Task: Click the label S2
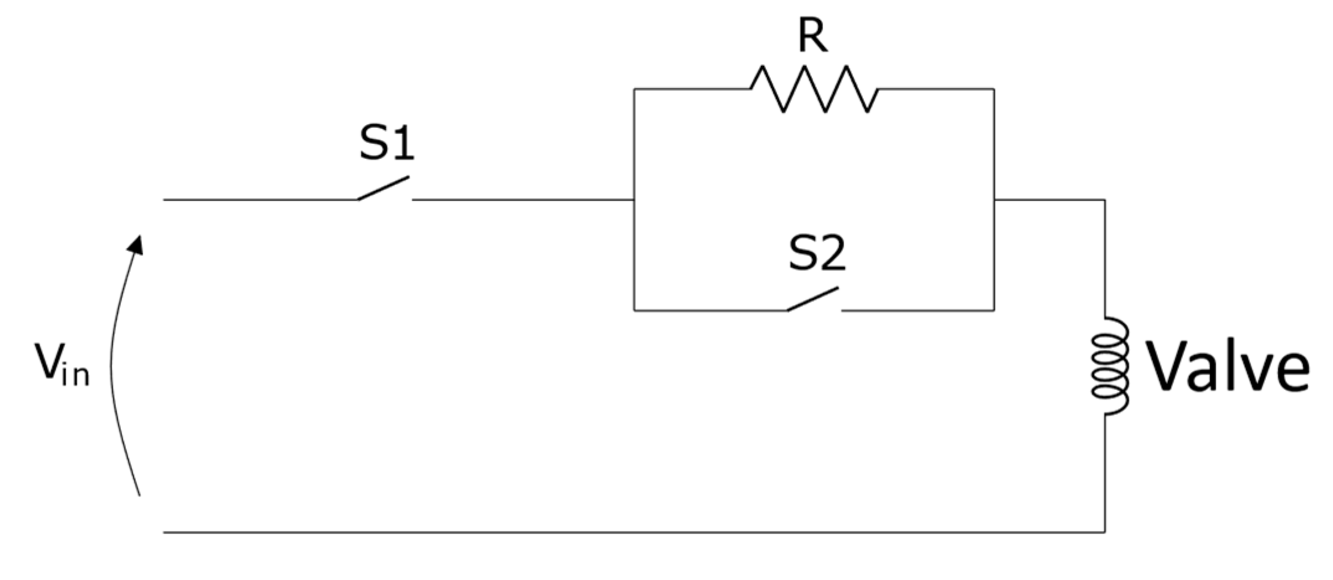click(x=816, y=254)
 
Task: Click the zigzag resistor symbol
click(x=814, y=90)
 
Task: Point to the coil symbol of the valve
click(x=1109, y=367)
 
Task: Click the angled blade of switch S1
click(x=383, y=189)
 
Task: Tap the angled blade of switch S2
click(x=813, y=299)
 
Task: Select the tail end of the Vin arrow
click(x=139, y=494)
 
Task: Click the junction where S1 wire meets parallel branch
click(x=633, y=200)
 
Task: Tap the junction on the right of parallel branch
click(x=994, y=200)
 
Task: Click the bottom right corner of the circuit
click(x=1105, y=532)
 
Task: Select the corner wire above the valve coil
click(x=1105, y=200)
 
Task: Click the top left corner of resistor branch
click(x=633, y=89)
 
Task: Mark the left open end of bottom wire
click(x=164, y=532)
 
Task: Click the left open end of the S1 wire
click(x=164, y=200)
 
